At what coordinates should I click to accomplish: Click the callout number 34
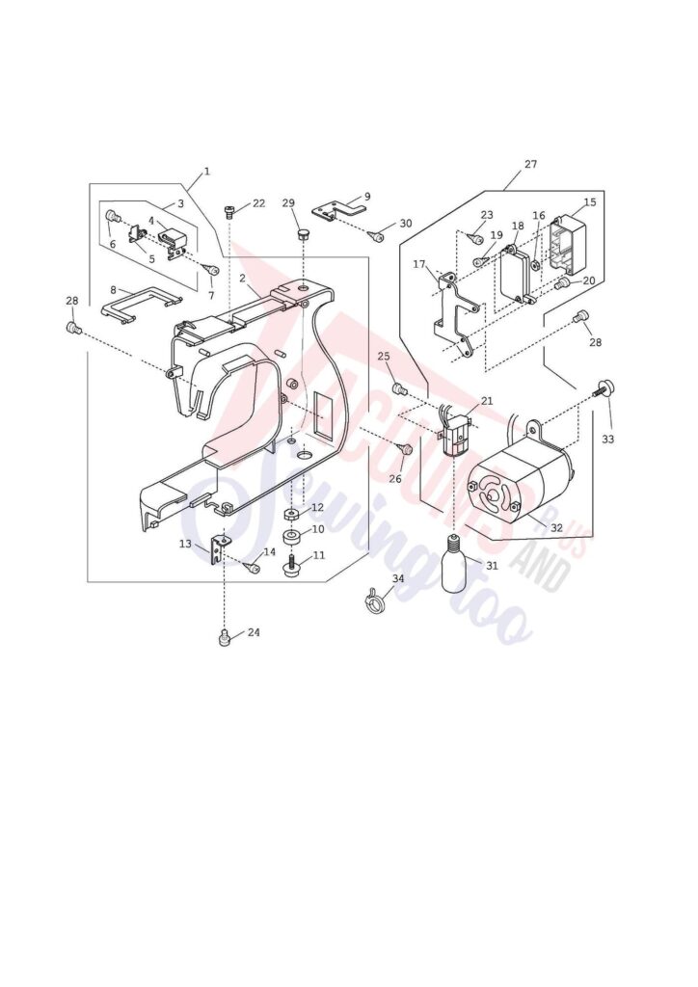tap(397, 579)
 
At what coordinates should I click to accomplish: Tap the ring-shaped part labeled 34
tap(372, 602)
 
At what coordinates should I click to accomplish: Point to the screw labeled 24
tap(225, 637)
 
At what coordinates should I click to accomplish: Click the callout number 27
tap(530, 165)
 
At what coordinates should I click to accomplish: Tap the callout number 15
tap(589, 202)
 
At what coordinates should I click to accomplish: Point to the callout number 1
tap(206, 172)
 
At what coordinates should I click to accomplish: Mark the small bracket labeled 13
tap(220, 548)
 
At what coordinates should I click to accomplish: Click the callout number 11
tap(319, 555)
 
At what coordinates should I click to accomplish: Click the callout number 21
tap(487, 401)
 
